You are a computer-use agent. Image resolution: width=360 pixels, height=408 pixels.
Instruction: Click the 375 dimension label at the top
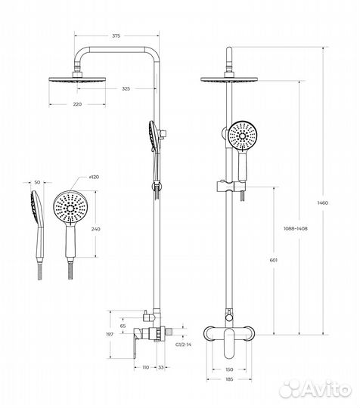116,36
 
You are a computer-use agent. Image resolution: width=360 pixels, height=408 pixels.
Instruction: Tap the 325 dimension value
126,88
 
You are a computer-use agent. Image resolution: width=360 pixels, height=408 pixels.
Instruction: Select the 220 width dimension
77,104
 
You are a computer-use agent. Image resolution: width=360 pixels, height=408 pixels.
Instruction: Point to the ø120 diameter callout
94,177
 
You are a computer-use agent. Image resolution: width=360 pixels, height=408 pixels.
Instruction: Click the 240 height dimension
95,229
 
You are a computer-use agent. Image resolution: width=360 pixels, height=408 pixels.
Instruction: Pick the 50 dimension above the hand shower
37,182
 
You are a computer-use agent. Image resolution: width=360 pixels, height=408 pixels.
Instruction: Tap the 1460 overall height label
323,203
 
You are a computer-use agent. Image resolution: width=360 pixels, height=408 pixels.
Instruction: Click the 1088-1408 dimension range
296,229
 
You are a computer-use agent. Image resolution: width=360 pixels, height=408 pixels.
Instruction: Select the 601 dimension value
273,260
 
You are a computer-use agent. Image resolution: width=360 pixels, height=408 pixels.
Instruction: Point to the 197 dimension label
110,335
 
